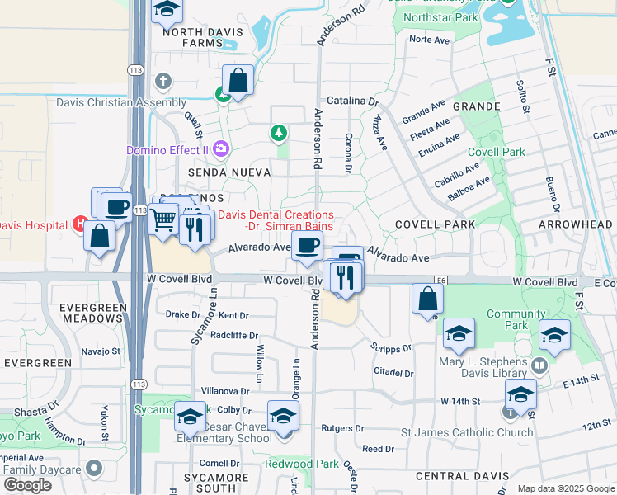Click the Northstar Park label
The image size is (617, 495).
point(443,16)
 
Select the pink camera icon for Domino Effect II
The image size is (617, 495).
point(220,149)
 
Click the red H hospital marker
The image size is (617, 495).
point(80,223)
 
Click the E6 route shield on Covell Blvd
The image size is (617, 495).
point(442,281)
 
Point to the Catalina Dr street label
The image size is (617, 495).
point(352,101)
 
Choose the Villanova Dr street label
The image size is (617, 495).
point(225,391)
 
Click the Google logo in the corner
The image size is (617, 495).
point(28,484)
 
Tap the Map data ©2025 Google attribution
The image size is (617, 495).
point(565,488)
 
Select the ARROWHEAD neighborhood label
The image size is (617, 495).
point(575,224)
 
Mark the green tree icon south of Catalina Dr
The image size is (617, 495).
point(279,132)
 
